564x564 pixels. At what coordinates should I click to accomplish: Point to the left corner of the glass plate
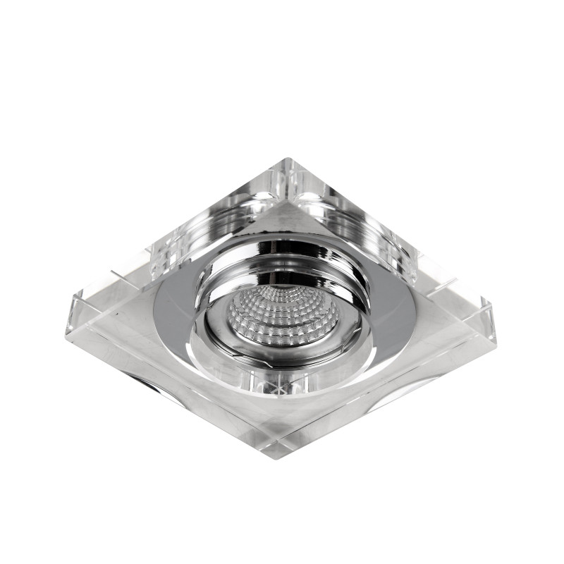(x=70, y=300)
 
